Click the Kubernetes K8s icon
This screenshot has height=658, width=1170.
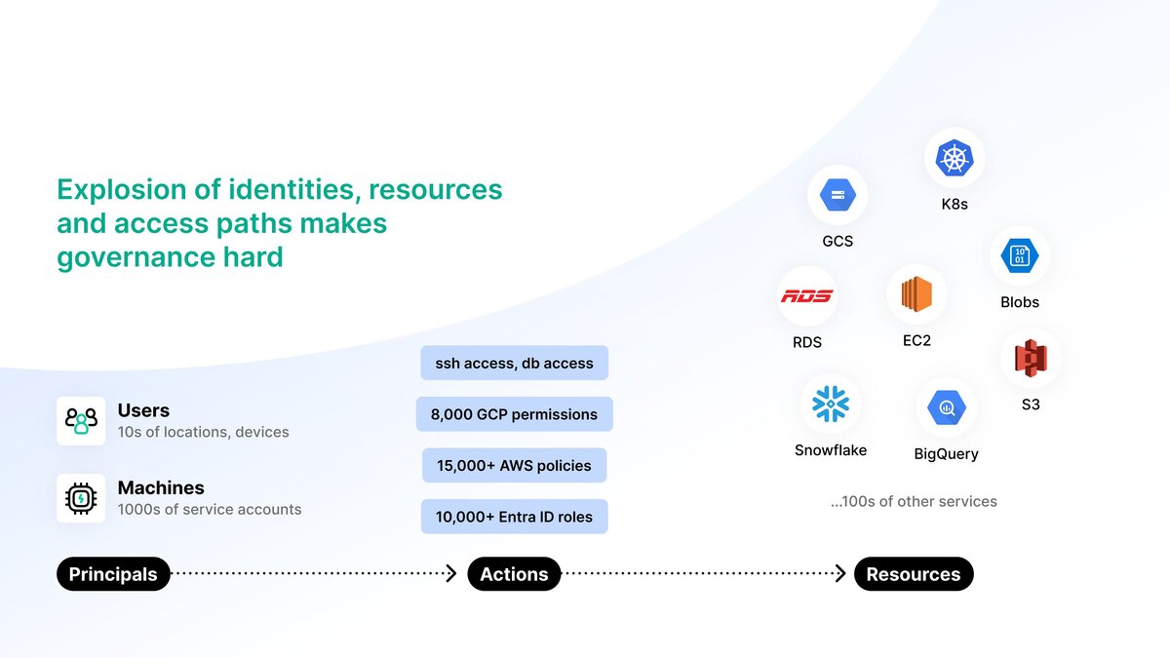[x=955, y=158]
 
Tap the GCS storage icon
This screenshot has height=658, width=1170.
[x=838, y=195]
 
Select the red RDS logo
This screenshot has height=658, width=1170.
[x=807, y=295]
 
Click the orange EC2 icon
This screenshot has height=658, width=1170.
[x=916, y=294]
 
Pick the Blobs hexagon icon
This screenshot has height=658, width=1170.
[x=1020, y=256]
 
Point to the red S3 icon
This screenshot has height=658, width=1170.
[x=1031, y=359]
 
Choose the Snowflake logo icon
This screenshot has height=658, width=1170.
[x=831, y=404]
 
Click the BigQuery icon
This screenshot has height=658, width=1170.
[x=947, y=406]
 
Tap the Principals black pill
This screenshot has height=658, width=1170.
[x=113, y=574]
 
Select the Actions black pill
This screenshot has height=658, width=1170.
[x=514, y=574]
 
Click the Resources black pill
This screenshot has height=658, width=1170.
[x=914, y=574]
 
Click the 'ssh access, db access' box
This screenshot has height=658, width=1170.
[x=514, y=363]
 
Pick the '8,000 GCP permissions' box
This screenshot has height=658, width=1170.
[x=514, y=414]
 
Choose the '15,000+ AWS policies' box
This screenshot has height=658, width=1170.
[x=514, y=465]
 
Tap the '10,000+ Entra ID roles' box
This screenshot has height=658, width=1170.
[x=514, y=517]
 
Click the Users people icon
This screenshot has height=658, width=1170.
[x=81, y=421]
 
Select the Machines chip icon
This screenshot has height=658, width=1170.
[x=81, y=498]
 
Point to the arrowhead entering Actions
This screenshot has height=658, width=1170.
[x=451, y=574]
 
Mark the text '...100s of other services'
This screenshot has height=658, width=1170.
[x=914, y=501]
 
